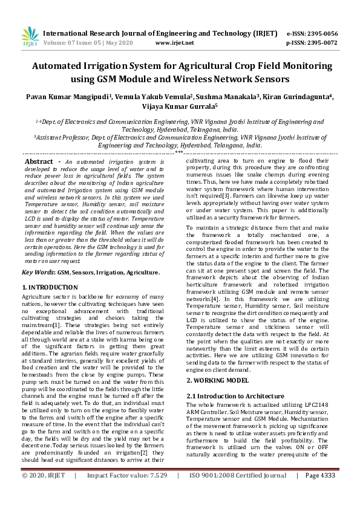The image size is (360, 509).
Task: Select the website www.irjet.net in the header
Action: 174,43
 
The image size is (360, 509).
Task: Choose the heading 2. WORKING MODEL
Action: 217,380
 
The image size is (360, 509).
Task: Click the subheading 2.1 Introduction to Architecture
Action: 235,395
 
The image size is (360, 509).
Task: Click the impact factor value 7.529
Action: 155,493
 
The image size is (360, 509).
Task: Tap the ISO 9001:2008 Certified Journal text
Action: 238,493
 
